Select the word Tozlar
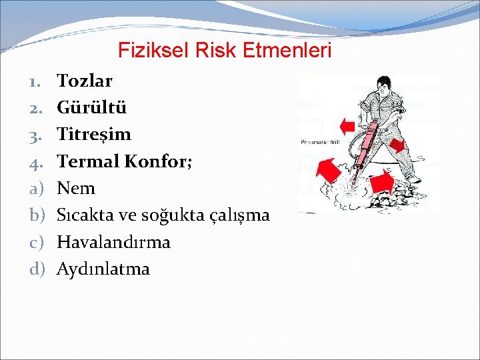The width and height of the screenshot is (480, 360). [85, 81]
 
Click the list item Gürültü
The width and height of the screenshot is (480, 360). [91, 108]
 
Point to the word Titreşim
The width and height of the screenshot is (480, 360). [94, 135]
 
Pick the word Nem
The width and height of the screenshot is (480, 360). [76, 189]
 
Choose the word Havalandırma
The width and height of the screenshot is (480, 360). [113, 242]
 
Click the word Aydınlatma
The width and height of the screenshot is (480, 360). [103, 269]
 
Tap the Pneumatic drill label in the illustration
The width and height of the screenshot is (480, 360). [319, 141]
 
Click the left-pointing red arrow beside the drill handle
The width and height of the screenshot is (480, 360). [347, 125]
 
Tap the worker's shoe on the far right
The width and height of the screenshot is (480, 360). [414, 179]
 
